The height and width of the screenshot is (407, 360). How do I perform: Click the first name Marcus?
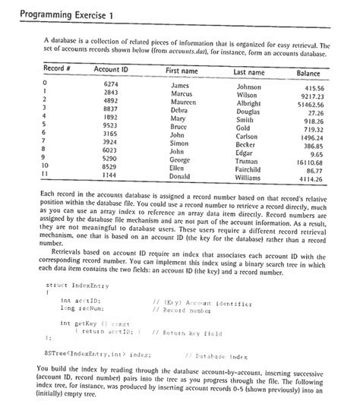coord(180,96)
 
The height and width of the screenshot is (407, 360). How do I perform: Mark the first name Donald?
coord(179,175)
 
